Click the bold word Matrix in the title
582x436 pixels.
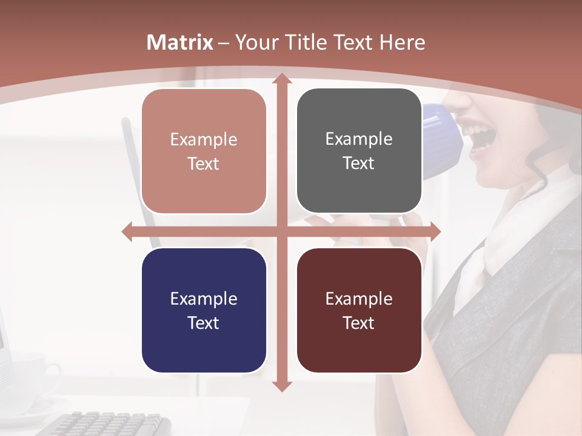click(180, 42)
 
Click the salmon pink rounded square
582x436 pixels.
click(204, 151)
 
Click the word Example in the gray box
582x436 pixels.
click(359, 139)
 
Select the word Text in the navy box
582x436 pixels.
click(204, 323)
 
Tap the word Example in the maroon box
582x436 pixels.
click(359, 299)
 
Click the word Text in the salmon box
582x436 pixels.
click(204, 163)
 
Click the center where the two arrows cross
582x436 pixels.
click(281, 231)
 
